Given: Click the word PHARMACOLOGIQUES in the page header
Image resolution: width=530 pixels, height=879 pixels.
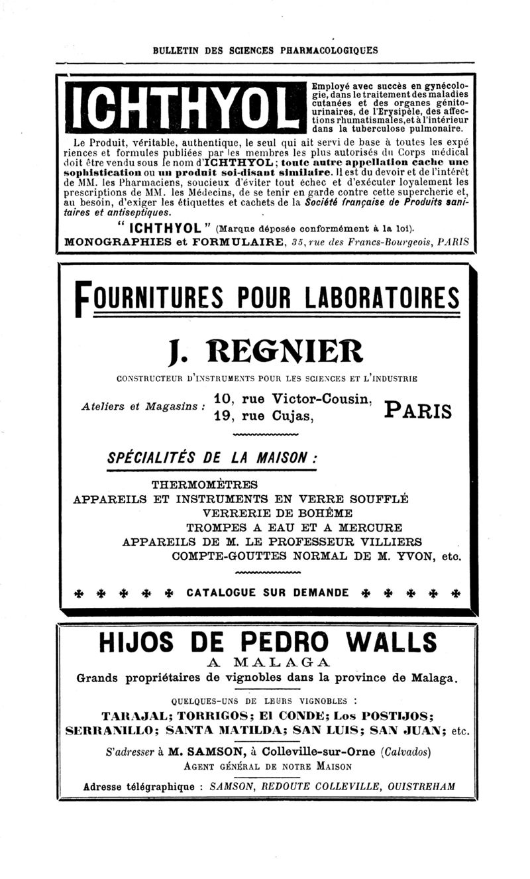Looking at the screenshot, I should click(327, 50).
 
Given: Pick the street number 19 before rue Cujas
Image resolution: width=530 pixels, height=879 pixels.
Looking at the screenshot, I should click(224, 417).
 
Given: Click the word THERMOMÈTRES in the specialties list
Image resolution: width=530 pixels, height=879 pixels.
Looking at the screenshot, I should click(204, 484).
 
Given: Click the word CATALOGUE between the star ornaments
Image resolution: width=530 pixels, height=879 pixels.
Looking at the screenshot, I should click(221, 592).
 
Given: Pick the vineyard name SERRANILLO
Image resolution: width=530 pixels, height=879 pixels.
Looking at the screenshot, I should click(109, 731).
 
